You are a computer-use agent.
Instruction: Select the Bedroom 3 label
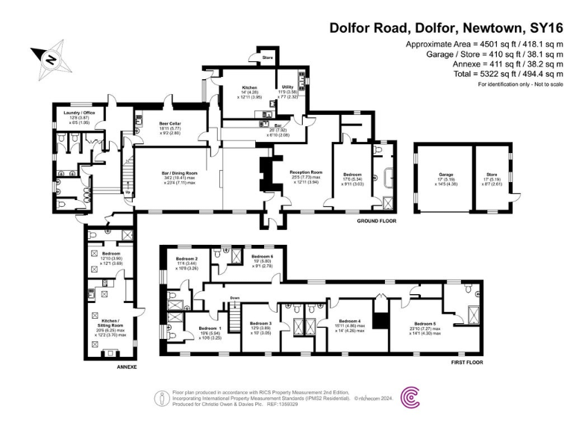click(x=262, y=323)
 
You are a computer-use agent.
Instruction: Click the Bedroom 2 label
click(x=187, y=259)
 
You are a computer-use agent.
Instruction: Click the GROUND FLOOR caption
click(x=375, y=221)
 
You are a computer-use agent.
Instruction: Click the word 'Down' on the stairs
click(x=234, y=296)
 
